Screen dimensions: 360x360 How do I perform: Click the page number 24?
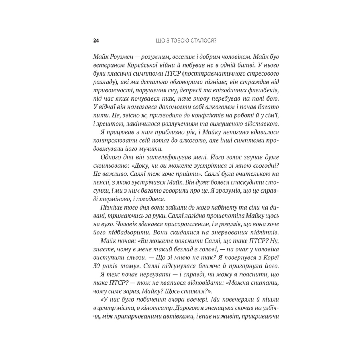[x=96, y=40]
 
